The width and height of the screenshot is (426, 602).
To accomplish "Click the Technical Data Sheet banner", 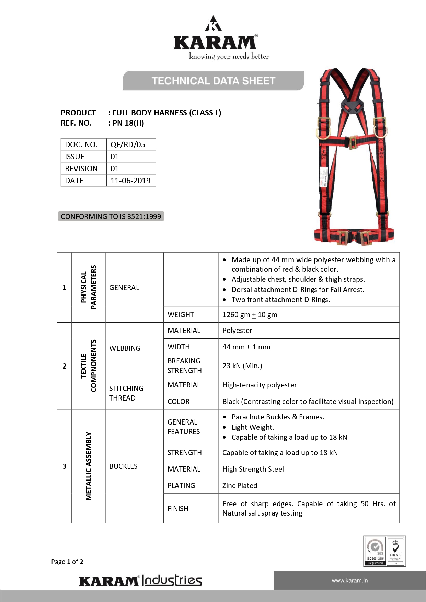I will [x=213, y=81].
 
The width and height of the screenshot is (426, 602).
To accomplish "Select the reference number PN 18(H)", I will [x=128, y=123].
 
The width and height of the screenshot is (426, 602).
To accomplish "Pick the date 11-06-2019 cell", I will [x=130, y=181].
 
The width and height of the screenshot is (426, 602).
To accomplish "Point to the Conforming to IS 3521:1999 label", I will [x=111, y=216].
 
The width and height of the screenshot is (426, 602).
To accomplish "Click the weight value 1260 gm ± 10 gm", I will [x=250, y=315].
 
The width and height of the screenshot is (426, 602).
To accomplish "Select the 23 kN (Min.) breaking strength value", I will [x=242, y=366].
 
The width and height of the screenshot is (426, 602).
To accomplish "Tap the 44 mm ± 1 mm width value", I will [x=246, y=347].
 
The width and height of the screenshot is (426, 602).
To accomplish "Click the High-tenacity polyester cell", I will [x=260, y=385].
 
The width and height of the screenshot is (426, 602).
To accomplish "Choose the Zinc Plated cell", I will [x=240, y=486].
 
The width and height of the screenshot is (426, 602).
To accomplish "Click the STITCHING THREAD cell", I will [x=126, y=393].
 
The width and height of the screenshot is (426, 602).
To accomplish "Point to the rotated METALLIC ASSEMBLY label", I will [x=89, y=466].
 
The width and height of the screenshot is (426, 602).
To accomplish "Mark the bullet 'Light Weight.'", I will [x=253, y=427].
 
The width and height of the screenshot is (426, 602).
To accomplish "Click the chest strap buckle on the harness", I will [x=352, y=142].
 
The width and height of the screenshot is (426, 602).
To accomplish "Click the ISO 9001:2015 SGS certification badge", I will [x=375, y=551].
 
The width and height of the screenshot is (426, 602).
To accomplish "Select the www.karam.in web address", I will [x=349, y=581].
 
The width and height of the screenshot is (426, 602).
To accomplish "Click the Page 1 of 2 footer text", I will [x=67, y=562].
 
